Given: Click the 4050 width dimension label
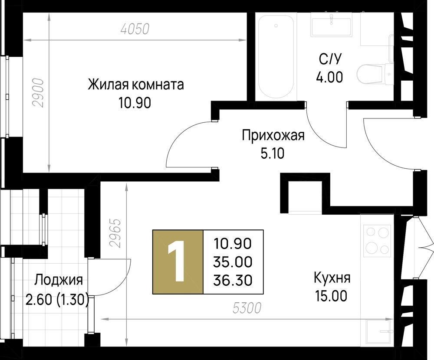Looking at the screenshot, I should (x=135, y=29).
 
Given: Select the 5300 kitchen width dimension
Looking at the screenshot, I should (x=247, y=308).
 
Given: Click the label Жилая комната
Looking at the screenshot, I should (x=136, y=84).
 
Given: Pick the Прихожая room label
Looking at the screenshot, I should (x=273, y=135).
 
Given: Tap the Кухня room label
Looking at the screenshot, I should (x=331, y=278).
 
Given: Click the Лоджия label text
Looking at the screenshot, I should (x=59, y=280).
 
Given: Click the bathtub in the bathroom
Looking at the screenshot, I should (x=276, y=56).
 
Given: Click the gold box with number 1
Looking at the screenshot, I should (x=178, y=262).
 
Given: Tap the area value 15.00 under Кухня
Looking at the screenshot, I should (x=331, y=296).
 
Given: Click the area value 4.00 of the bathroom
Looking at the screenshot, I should (x=329, y=77).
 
